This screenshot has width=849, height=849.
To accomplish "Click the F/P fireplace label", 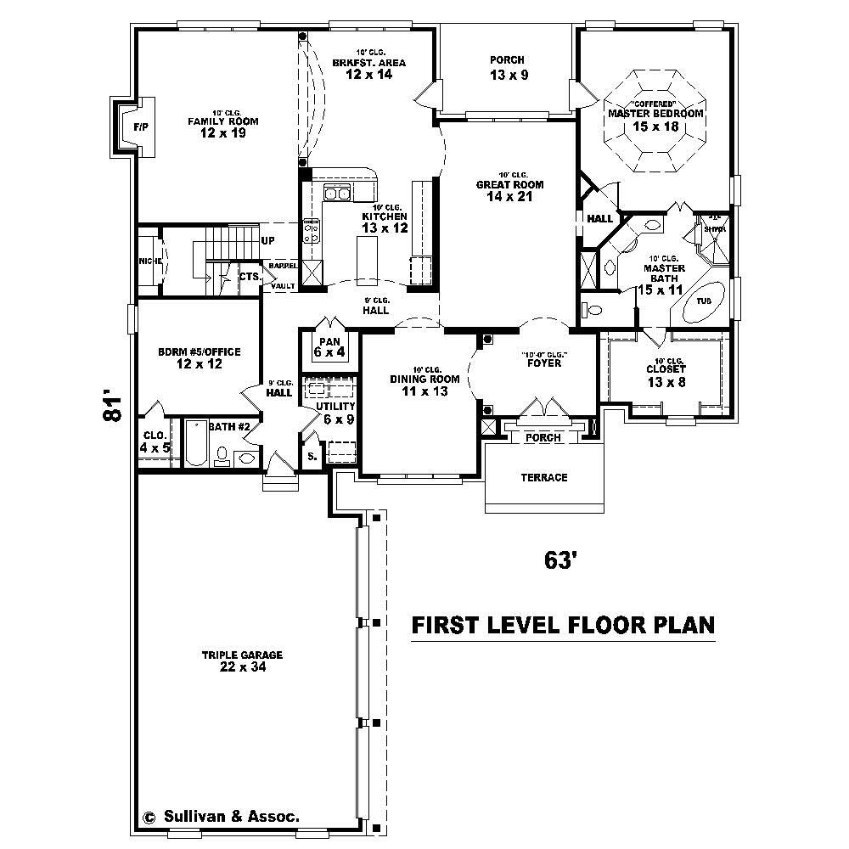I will click(140, 127).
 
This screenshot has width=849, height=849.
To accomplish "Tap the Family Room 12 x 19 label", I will click(223, 127).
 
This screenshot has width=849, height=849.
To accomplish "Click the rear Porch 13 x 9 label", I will click(508, 68).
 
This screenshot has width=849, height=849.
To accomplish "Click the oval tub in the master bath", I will click(704, 302).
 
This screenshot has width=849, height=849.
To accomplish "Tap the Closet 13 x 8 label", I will click(666, 376).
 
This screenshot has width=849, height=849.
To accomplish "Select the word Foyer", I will click(543, 363).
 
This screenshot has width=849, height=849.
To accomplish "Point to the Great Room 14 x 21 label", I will click(509, 191).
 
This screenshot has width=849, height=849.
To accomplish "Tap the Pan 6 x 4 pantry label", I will click(329, 347).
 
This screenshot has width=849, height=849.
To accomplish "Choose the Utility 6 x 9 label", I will click(333, 413).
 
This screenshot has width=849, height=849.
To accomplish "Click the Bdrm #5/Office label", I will click(200, 357).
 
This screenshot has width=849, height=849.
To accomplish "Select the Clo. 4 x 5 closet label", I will click(155, 441).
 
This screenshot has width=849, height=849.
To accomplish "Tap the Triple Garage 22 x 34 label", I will click(242, 661).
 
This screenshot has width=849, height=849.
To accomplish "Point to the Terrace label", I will click(543, 478).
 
